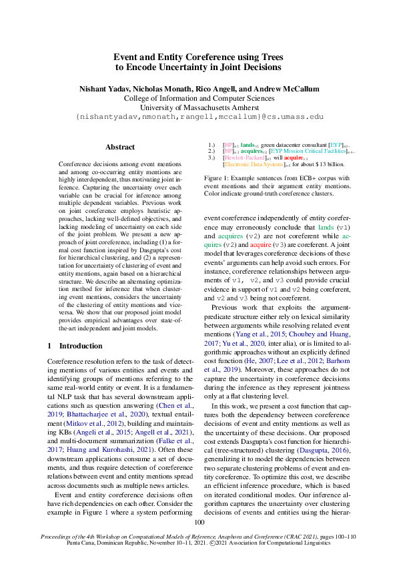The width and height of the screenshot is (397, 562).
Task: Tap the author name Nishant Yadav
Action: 103,89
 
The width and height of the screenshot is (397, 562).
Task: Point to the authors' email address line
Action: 199,116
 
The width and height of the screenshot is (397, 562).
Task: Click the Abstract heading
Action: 120,147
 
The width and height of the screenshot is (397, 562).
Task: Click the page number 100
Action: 199,522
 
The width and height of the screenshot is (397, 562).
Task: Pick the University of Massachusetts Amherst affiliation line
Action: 199,107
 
